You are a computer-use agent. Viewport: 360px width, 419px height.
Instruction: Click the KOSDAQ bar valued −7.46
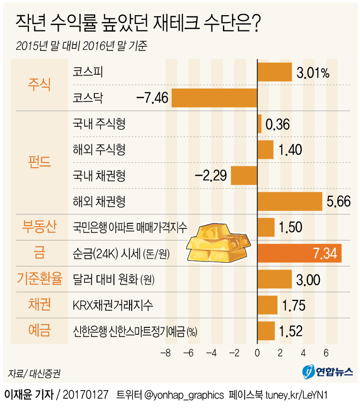click(x=214, y=98)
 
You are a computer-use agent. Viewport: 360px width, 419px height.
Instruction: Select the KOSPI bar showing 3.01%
click(x=275, y=72)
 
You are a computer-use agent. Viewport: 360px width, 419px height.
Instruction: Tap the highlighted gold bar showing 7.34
click(x=299, y=253)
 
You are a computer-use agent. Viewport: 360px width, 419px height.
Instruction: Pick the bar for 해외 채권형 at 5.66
click(x=290, y=201)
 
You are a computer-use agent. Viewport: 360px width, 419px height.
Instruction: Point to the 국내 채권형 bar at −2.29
click(x=244, y=176)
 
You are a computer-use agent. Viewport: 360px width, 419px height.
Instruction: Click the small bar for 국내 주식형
click(x=259, y=124)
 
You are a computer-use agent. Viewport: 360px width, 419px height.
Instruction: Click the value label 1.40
click(x=290, y=150)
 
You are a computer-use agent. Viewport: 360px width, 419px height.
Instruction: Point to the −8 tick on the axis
click(x=166, y=354)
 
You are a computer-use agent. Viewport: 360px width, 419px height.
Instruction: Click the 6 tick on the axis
click(x=326, y=354)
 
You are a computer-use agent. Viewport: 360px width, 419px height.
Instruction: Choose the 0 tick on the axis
click(x=257, y=354)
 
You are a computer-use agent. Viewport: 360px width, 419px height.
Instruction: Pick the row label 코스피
click(x=88, y=72)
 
